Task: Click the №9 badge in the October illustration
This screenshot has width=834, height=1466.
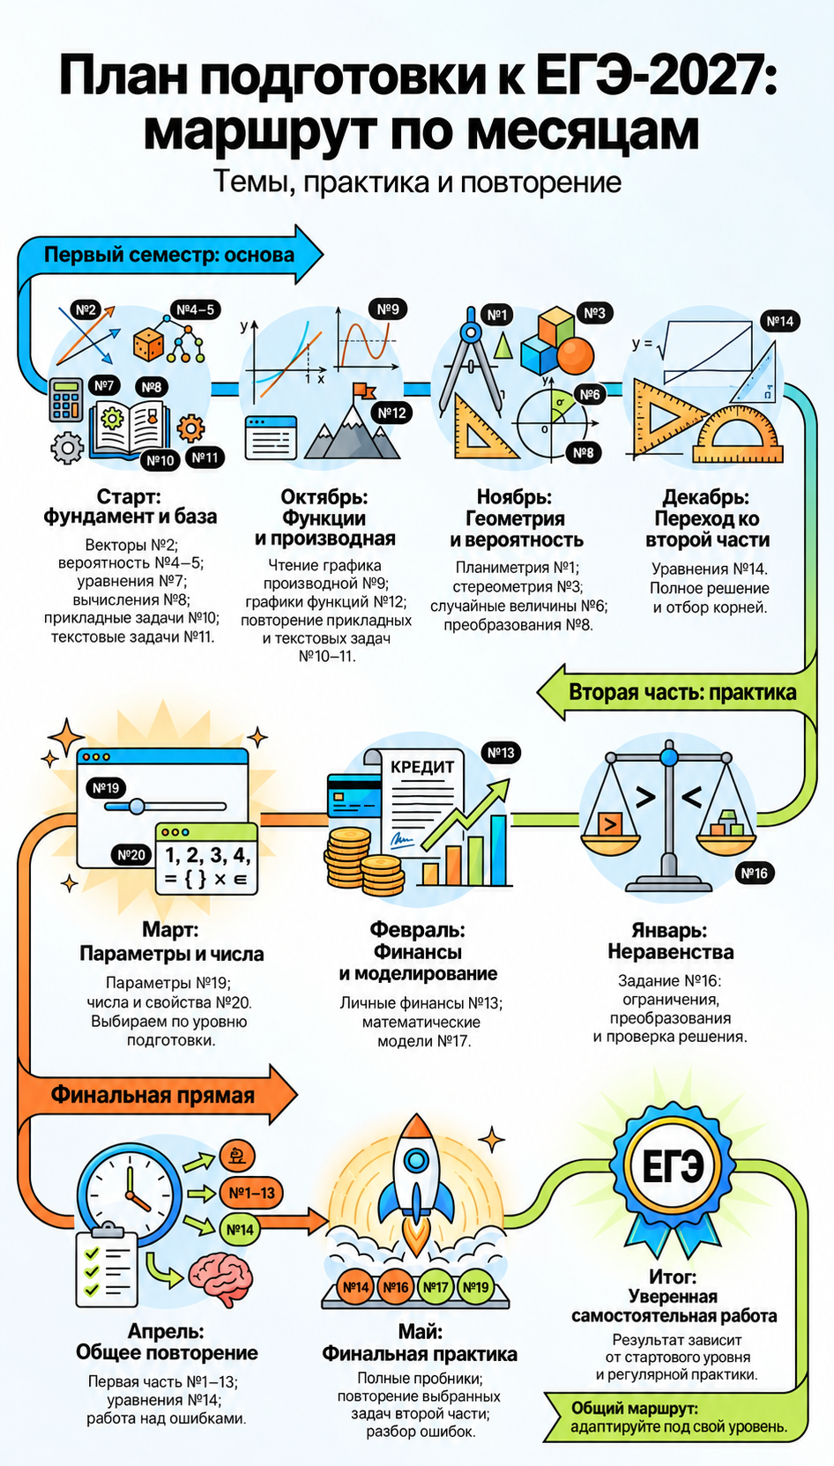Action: tap(388, 309)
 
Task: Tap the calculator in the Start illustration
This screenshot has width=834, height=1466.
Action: tap(67, 400)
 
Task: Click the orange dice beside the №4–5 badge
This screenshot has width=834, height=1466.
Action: tap(148, 345)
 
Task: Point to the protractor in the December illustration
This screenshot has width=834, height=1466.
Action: tap(738, 435)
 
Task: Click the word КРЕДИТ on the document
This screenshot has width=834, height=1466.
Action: tap(422, 767)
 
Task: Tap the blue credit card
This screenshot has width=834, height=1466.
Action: tap(354, 795)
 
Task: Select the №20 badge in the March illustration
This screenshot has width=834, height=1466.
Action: tap(131, 855)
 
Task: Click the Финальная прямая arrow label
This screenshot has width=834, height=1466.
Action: tap(153, 1096)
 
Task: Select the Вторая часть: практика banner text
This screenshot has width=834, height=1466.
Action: tap(682, 692)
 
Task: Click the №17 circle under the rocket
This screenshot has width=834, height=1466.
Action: tap(436, 1287)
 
